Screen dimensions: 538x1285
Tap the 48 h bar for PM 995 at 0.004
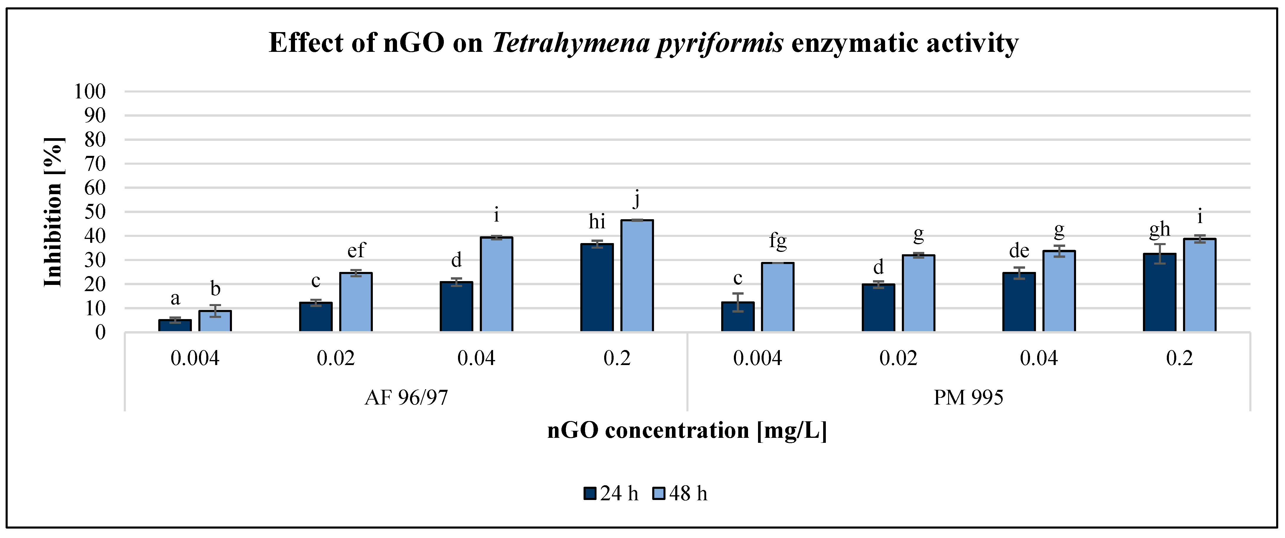coord(777,297)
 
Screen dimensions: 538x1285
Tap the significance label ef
coord(356,250)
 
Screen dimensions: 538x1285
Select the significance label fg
coord(778,241)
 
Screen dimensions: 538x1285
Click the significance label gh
coord(1159,229)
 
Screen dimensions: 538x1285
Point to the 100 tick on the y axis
coord(90,92)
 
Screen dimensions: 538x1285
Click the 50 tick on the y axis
coord(95,212)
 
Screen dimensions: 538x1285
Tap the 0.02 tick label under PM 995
coord(898,359)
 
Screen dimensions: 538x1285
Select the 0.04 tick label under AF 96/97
coord(476,359)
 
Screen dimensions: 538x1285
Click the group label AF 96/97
coord(406,398)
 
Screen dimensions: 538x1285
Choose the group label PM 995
coord(968,398)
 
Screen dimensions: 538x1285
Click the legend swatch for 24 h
coord(590,494)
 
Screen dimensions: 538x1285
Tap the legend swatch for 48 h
coord(659,494)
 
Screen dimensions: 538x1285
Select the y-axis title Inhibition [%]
coord(53,212)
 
